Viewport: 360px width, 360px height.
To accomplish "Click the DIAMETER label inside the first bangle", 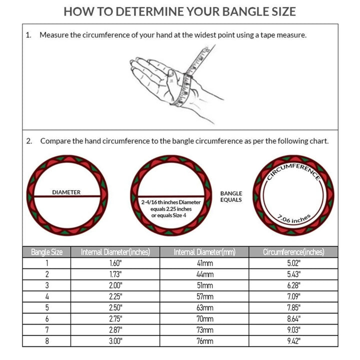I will (x=66, y=192).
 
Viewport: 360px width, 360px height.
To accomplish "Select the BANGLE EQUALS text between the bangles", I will (x=231, y=196).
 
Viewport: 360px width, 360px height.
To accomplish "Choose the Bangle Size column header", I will (x=47, y=252).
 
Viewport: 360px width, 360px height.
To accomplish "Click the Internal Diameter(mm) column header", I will (x=204, y=252).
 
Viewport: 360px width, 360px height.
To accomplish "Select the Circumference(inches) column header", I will (x=293, y=252).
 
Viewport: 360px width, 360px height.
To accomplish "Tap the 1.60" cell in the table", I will (x=115, y=263).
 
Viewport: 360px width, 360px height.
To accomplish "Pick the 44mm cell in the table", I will (x=204, y=274).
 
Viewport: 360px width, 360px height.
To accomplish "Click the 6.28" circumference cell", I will (x=293, y=285).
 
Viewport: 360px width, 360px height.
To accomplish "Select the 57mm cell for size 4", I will (x=204, y=296).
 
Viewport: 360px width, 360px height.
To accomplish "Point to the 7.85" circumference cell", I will (x=293, y=307).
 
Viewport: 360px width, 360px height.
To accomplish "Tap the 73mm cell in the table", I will (x=204, y=330).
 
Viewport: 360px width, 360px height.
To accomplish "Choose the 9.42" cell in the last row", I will (x=293, y=341).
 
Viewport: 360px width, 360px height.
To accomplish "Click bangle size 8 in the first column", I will (x=47, y=341).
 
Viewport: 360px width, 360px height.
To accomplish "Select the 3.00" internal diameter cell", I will (x=115, y=341).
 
